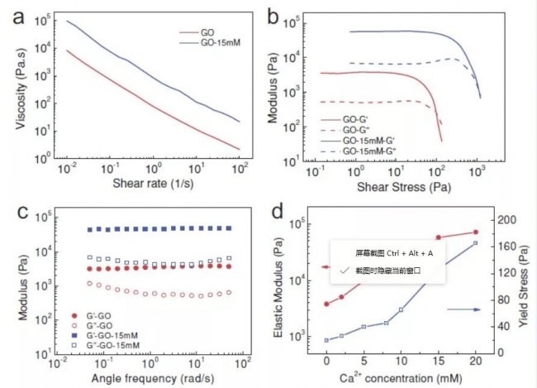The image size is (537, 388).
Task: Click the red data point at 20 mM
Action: click(x=475, y=232)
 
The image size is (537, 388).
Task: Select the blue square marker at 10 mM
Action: click(x=401, y=309)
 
